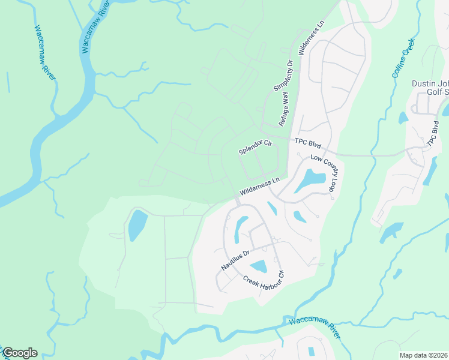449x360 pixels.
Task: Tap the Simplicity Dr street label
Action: point(283,75)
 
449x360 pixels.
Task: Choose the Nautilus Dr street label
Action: point(235,260)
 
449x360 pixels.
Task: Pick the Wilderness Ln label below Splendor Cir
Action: point(260,186)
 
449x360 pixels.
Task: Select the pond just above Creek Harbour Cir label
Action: point(259,266)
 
